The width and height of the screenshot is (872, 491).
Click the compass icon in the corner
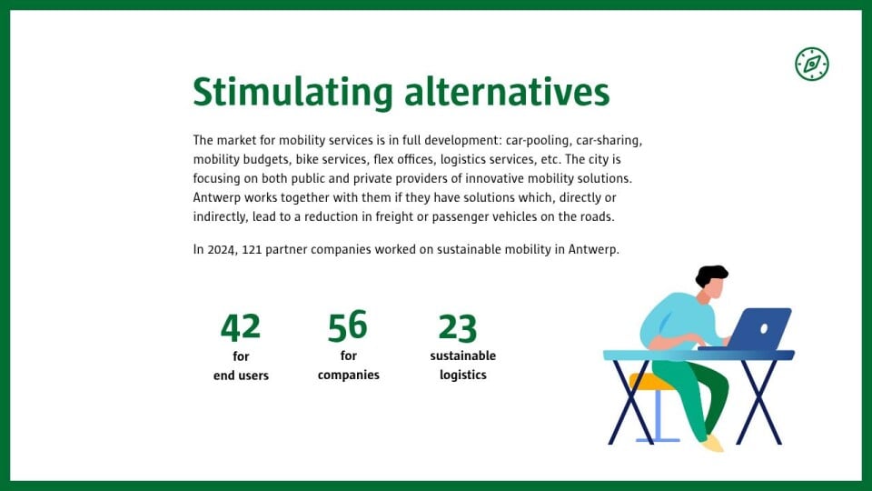[x=811, y=64]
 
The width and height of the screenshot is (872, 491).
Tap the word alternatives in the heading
[x=507, y=92]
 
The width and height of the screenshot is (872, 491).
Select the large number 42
[x=240, y=326]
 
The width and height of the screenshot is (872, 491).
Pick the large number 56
[x=348, y=326]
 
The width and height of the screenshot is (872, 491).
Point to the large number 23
[x=457, y=327]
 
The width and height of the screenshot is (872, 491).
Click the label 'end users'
[x=241, y=376]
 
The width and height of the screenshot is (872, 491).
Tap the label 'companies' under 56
[x=349, y=376]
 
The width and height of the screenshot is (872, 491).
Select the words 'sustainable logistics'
[x=462, y=366]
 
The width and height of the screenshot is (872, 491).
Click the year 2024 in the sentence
[x=222, y=249]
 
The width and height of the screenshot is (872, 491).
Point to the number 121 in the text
[x=252, y=249]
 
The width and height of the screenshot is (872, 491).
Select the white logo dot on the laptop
[x=764, y=329]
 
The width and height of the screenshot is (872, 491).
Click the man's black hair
[x=710, y=275]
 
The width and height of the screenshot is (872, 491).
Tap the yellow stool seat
[x=650, y=382]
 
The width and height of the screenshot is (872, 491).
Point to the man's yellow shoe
[x=713, y=444]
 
